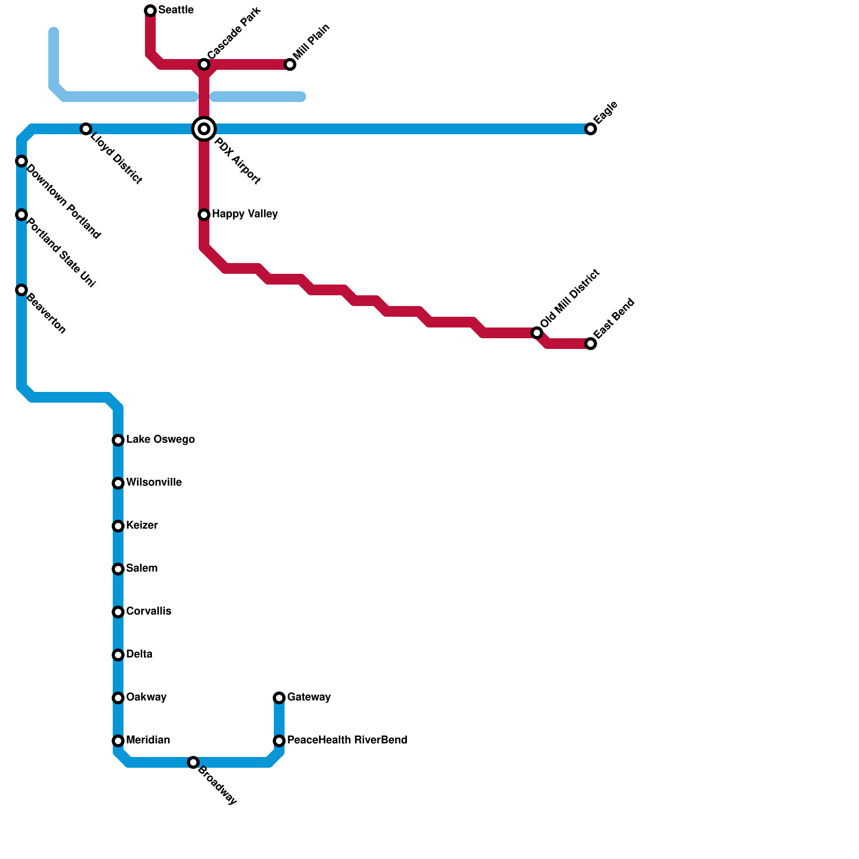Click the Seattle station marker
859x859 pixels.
pos(150,11)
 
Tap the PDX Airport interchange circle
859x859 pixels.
pos(204,129)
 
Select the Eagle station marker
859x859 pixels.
pos(591,129)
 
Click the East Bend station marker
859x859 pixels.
pos(591,344)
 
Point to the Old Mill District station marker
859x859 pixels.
pos(537,333)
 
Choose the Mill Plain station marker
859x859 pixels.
pos(290,64)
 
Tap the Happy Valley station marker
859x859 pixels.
pos(204,215)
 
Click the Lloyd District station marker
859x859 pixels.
pos(86,129)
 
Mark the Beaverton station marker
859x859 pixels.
pos(21,290)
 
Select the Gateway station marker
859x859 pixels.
pos(279,698)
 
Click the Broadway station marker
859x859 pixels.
pos(193,762)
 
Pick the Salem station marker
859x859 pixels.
pos(118,569)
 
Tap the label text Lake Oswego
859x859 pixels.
pos(160,440)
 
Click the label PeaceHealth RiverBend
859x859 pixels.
pos(347,740)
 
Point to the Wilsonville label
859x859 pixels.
pos(154,483)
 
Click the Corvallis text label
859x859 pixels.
pos(149,612)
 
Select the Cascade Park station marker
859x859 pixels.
pos(204,64)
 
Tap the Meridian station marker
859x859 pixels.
pos(118,741)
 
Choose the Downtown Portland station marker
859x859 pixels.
pos(21,161)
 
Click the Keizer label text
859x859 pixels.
pos(142,526)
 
